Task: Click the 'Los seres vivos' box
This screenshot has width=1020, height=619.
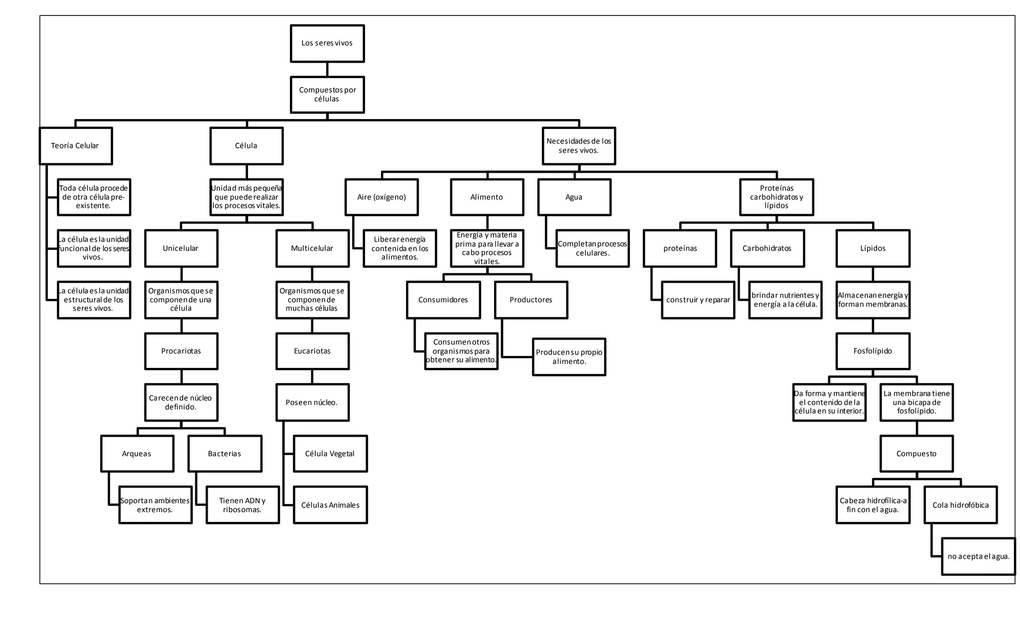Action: (x=327, y=43)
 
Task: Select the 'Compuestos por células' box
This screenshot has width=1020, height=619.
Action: (x=327, y=95)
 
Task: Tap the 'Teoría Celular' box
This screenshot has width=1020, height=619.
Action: (x=76, y=146)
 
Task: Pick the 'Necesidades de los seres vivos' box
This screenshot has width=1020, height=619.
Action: (x=579, y=146)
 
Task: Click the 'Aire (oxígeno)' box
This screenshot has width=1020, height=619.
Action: (x=382, y=197)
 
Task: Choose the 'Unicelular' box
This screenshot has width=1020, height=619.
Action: (x=181, y=248)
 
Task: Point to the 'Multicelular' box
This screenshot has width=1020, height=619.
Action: (x=312, y=248)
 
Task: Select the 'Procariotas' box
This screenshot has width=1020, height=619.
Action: (x=181, y=351)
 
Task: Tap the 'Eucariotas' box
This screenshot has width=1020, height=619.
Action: (x=312, y=351)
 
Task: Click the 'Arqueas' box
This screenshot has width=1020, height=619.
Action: (x=137, y=454)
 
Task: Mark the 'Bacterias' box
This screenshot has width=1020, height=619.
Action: (x=225, y=454)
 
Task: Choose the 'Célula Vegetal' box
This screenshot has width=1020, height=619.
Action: (x=330, y=454)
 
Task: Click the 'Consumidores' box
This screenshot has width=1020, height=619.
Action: (x=443, y=300)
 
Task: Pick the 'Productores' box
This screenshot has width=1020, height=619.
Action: (x=531, y=300)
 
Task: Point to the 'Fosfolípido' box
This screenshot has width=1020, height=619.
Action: (x=873, y=351)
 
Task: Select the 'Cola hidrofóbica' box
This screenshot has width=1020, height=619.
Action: (x=960, y=505)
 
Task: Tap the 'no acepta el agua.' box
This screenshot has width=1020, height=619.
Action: (x=978, y=556)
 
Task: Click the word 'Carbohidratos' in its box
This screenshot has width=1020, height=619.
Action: (x=767, y=248)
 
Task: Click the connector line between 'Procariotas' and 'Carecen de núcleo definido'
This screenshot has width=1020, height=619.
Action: (x=181, y=376)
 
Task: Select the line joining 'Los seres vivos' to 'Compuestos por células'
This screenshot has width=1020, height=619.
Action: (x=327, y=69)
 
